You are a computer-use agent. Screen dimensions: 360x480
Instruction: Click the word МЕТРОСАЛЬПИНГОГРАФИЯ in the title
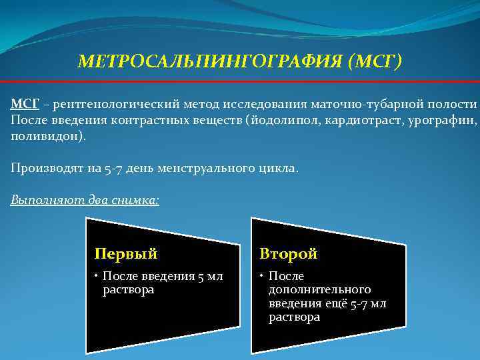(210, 62)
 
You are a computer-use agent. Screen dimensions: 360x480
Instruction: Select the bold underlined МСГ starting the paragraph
(24, 104)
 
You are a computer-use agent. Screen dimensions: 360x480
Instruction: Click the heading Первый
(125, 254)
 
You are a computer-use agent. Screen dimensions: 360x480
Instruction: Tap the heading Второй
(289, 254)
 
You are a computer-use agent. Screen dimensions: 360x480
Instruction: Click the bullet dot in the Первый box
(97, 276)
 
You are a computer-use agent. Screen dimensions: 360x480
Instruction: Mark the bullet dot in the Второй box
(263, 276)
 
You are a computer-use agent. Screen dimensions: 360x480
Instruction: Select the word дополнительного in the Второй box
(319, 290)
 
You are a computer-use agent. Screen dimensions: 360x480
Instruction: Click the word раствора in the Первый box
(129, 290)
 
